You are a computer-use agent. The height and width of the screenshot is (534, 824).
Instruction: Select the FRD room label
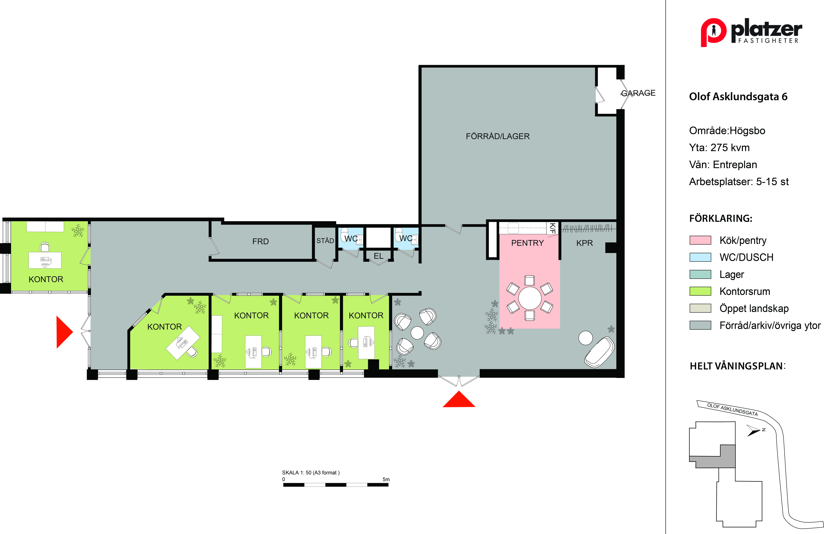260,241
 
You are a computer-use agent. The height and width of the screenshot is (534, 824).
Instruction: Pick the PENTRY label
527,243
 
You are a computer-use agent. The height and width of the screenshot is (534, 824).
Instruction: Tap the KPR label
584,243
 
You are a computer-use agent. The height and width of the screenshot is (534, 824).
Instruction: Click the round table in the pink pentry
530,298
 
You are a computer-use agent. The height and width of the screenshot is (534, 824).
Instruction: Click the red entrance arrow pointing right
64,332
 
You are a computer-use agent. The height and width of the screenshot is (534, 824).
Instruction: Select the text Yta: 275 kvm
719,148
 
